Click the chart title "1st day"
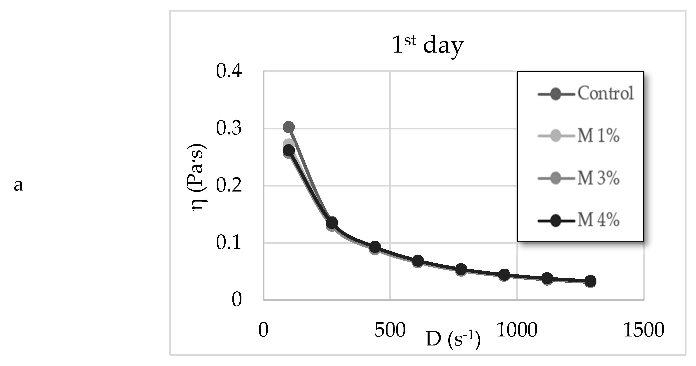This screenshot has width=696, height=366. (x=428, y=45)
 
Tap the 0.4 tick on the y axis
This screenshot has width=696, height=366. (x=229, y=72)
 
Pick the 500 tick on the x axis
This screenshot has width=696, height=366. (x=390, y=330)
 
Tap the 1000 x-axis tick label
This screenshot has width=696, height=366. (x=517, y=330)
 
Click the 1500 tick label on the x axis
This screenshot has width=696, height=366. (x=643, y=330)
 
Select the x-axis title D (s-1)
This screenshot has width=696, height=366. (x=453, y=339)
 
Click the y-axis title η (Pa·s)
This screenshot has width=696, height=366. (x=197, y=177)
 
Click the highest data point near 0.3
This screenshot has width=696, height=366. (x=288, y=127)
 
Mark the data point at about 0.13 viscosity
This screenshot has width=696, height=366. (x=331, y=223)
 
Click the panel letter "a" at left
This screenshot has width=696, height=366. (x=18, y=186)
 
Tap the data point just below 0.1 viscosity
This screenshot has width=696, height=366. (x=375, y=247)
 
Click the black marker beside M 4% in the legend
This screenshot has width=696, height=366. (x=556, y=221)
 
